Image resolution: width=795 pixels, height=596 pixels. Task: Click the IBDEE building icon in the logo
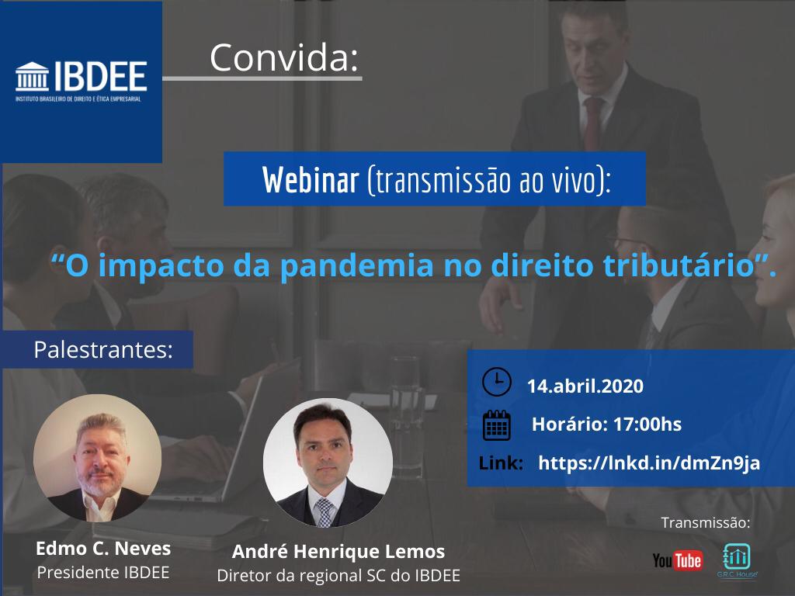click(x=32, y=77)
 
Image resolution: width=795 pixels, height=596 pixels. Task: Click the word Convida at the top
click(x=284, y=57)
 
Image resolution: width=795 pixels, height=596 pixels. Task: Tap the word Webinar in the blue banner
click(x=311, y=180)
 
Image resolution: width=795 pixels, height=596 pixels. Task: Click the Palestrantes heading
click(x=103, y=350)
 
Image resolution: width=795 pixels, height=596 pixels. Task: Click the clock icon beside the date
click(x=496, y=382)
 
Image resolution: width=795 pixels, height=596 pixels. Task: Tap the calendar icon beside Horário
click(x=496, y=424)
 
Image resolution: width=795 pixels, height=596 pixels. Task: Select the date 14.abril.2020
click(x=585, y=386)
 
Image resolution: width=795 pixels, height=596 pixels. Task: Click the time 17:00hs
click(x=647, y=424)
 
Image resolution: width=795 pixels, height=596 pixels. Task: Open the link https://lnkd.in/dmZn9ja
click(x=649, y=463)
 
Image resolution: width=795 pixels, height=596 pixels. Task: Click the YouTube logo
click(x=677, y=560)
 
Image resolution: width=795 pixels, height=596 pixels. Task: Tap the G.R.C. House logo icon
click(x=737, y=556)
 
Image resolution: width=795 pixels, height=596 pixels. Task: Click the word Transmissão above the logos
click(x=705, y=522)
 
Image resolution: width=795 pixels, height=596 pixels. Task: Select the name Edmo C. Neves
click(x=103, y=549)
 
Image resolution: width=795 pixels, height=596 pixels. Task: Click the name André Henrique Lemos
click(x=338, y=551)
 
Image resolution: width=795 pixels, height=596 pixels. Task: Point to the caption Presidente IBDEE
click(x=103, y=572)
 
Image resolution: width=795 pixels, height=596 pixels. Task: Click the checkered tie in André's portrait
click(x=324, y=511)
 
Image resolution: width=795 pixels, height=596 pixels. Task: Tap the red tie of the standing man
click(x=592, y=123)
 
